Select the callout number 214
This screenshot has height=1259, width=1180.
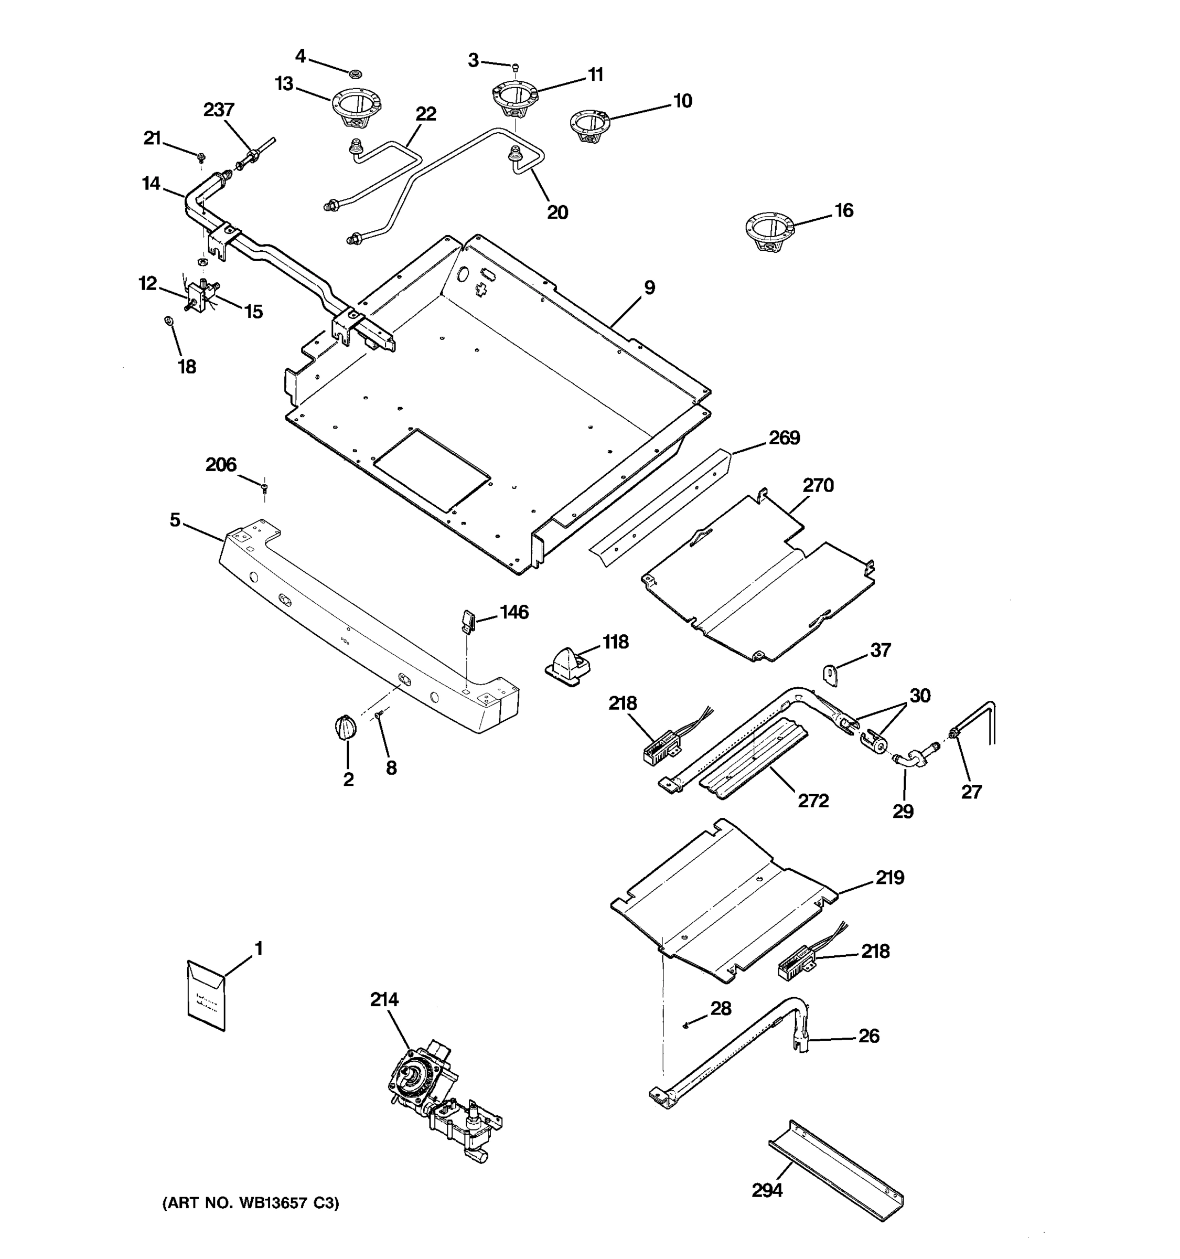point(384,999)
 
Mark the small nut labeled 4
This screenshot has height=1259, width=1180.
point(356,73)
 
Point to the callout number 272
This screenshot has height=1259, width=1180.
point(813,801)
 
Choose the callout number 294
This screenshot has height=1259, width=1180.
point(767,1191)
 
